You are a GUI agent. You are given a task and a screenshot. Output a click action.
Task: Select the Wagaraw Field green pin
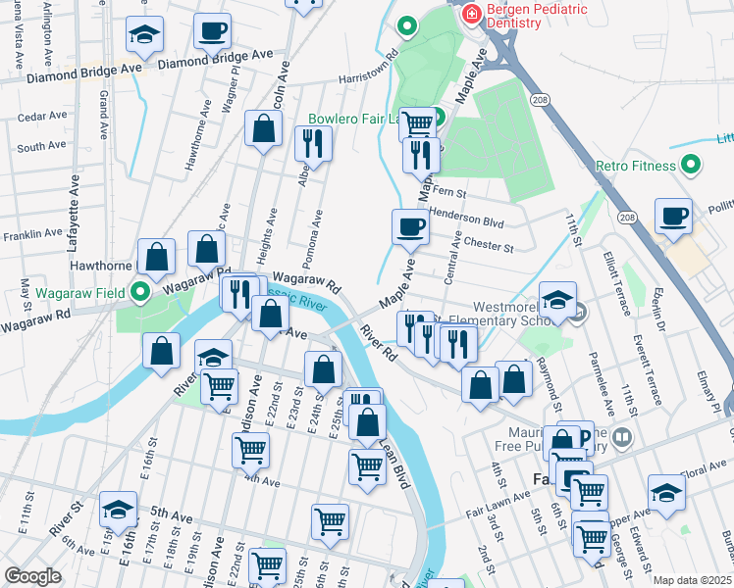point(139,292)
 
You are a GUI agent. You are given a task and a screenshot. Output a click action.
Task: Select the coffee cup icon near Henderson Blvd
point(410,226)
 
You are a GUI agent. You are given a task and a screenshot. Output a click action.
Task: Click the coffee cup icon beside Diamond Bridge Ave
point(212,30)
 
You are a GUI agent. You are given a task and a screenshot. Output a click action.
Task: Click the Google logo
point(33,576)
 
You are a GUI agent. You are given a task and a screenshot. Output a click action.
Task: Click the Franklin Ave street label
point(31,236)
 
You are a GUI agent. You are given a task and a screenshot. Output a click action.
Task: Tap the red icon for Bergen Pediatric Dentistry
point(473,14)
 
